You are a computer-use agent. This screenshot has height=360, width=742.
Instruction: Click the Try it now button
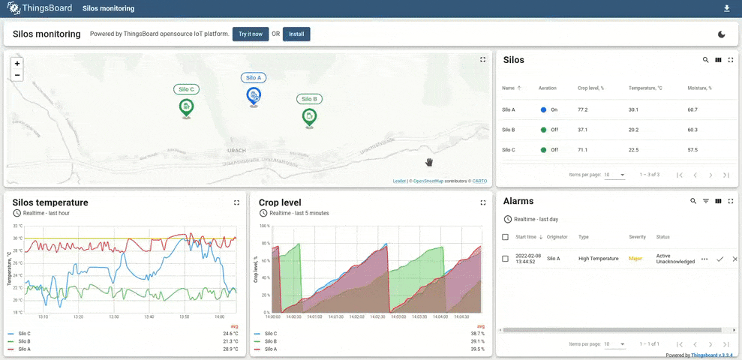251,34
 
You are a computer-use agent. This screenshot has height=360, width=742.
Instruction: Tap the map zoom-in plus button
17,64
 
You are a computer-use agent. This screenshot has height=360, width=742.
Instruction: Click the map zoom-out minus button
17,75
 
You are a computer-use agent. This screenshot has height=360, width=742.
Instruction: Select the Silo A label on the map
254,77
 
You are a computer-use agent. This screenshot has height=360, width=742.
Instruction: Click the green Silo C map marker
186,107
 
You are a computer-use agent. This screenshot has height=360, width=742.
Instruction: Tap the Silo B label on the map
309,99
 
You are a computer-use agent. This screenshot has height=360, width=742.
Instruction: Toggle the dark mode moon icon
722,34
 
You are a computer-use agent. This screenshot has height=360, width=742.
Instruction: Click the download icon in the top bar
726,9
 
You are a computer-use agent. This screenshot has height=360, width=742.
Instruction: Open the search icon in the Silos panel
705,60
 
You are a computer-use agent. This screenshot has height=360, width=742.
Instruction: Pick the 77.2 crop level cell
583,109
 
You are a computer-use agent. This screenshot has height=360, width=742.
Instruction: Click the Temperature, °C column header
645,88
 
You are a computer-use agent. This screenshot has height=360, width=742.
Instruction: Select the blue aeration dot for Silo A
543,109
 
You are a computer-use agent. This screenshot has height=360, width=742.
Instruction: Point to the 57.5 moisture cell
692,150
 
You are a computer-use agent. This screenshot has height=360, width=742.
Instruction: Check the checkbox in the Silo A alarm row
505,259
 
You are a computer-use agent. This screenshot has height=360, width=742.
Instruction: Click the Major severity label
635,259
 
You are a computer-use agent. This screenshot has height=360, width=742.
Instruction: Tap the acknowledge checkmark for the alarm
719,259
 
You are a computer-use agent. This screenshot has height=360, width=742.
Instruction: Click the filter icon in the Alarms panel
705,201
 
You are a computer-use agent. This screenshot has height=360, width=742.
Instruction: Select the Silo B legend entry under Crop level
272,340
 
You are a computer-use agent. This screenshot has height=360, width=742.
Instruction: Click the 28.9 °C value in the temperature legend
230,349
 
